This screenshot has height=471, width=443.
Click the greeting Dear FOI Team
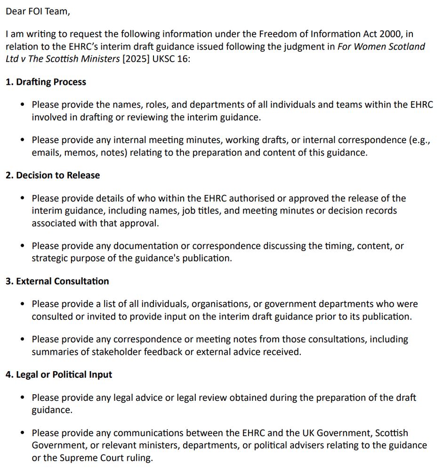38,11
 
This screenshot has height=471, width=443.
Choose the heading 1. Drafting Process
46,82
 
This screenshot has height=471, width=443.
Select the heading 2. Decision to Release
53,175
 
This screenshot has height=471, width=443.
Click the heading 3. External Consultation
57,281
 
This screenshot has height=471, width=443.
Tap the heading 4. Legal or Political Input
59,374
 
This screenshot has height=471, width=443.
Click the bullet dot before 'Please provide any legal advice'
23,398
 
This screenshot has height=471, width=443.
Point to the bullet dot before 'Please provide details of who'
23,198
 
